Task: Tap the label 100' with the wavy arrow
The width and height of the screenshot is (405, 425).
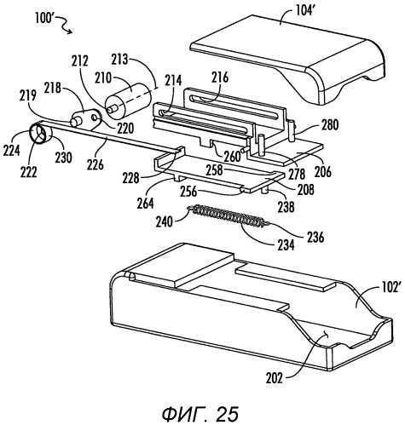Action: [45, 19]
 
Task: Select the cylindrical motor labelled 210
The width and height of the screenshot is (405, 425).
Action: [128, 99]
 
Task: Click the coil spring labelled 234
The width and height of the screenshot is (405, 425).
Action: [229, 216]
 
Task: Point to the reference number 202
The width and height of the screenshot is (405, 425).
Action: [275, 378]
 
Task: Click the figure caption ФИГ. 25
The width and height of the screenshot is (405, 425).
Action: [200, 414]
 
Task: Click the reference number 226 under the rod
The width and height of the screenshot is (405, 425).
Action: [95, 164]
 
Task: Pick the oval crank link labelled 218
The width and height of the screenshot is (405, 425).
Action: [85, 119]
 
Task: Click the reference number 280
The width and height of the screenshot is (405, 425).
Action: [330, 124]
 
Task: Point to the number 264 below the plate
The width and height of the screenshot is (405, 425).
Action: [145, 204]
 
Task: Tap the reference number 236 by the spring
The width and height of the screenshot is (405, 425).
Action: [315, 237]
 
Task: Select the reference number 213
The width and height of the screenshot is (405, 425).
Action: [121, 60]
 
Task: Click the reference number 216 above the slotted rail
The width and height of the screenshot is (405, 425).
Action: [220, 77]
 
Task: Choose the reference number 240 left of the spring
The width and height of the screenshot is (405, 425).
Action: [164, 221]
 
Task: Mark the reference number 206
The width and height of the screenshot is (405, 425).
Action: [323, 171]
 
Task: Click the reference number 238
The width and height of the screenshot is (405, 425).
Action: [286, 207]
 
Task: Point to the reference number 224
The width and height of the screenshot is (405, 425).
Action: [11, 150]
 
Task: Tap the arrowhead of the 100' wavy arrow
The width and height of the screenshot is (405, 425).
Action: [70, 32]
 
